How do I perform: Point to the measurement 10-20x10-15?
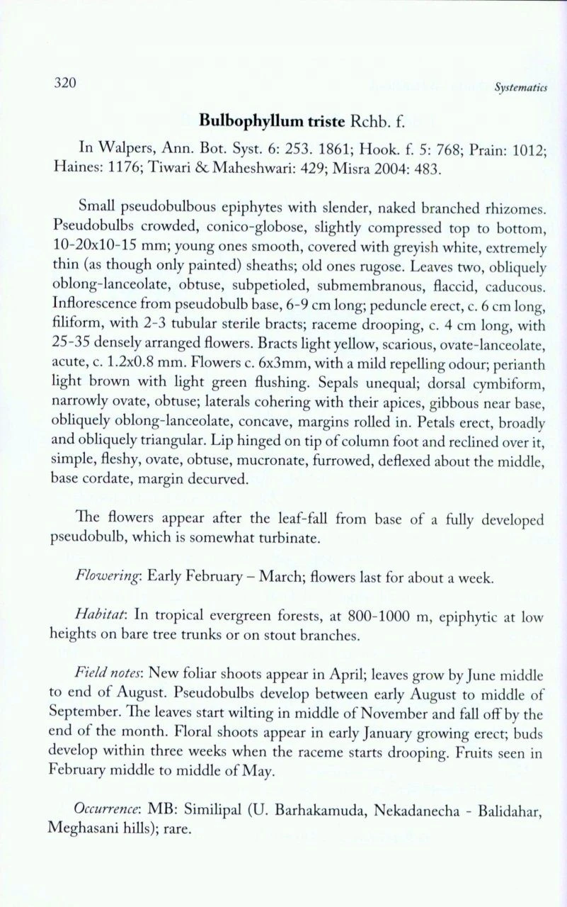tap(98, 247)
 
